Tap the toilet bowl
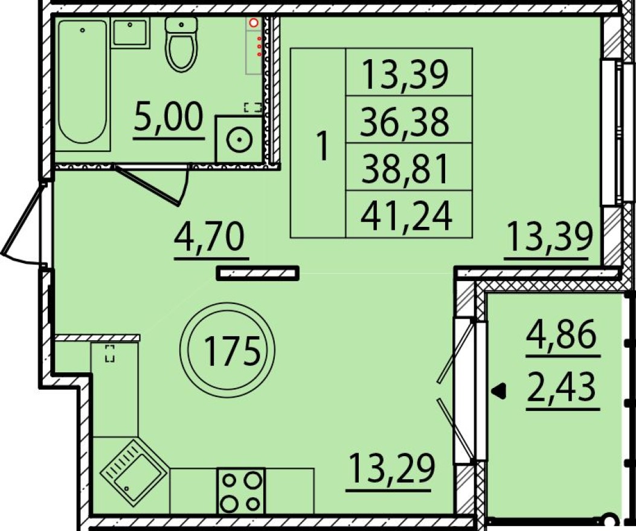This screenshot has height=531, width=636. pos(181,45)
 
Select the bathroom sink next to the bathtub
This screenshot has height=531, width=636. pos(130,33)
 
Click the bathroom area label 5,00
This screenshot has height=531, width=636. pos(169,116)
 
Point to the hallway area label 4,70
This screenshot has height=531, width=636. pos(210,238)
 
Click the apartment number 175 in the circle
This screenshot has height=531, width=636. pos(231,351)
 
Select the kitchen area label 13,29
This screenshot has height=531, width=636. pos(391,468)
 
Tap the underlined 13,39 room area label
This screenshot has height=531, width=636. pos(550,237)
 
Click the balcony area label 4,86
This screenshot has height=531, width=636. pos(562,335)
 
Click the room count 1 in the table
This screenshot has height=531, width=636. pos(323,147)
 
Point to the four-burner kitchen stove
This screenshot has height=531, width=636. pos(241,492)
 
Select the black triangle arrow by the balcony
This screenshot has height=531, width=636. pos(499,391)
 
